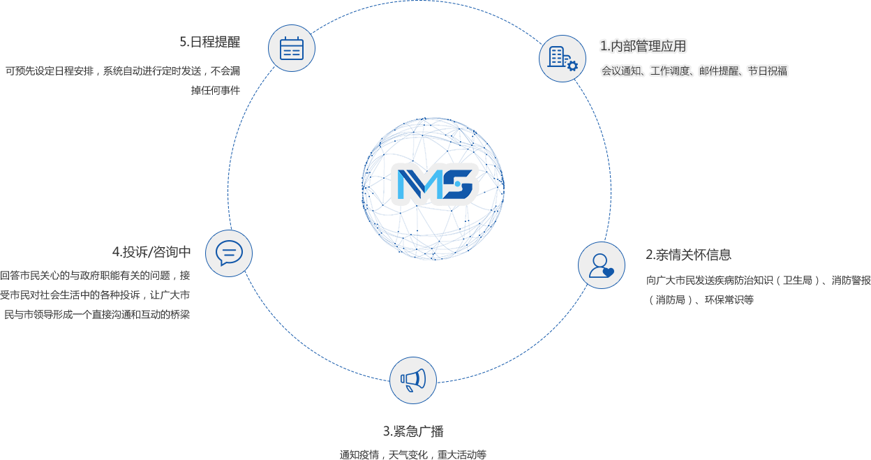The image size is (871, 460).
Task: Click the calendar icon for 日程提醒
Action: pos(292,49)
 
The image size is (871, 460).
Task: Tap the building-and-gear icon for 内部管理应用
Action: pos(563,59)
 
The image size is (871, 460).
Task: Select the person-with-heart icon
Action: pos(601,265)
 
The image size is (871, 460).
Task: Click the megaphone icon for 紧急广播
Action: pos(413,380)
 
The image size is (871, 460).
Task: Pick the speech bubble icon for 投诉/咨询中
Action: pos(229,253)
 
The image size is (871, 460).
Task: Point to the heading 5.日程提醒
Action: pos(210,42)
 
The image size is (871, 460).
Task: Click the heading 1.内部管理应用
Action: pos(643,46)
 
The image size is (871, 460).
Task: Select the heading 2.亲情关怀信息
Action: pos(688,255)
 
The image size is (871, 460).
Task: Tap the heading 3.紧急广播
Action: pos(413,431)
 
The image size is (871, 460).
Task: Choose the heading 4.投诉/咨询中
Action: pos(151,252)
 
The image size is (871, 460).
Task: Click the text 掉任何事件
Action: pos(216,91)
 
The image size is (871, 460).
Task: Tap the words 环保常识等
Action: pos(729,299)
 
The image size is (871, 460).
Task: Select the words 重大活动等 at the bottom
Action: pos(462,454)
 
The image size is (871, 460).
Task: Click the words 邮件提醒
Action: pos(719,71)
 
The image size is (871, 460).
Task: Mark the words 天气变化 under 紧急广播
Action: pos(408,454)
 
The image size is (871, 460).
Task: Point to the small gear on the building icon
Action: pos(572,66)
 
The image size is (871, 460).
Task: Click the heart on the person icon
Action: pos(608,272)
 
